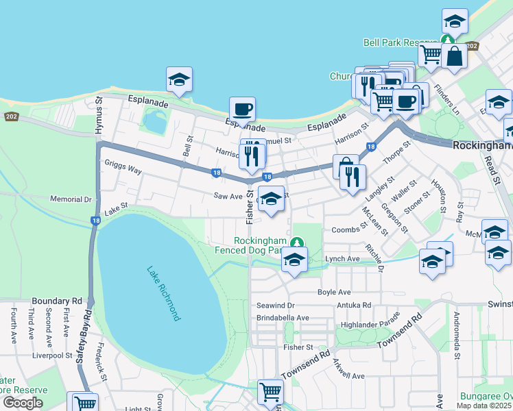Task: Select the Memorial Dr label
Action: (x=71, y=199)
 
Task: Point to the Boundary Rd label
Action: (x=57, y=301)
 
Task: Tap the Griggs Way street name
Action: (x=123, y=167)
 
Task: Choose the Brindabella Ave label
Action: (x=283, y=318)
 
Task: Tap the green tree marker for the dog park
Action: (x=296, y=242)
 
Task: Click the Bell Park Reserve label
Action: (x=401, y=42)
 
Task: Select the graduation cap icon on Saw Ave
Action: (x=271, y=199)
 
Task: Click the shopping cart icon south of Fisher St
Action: (x=270, y=393)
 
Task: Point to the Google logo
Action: (x=22, y=403)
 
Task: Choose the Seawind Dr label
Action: (x=275, y=306)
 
